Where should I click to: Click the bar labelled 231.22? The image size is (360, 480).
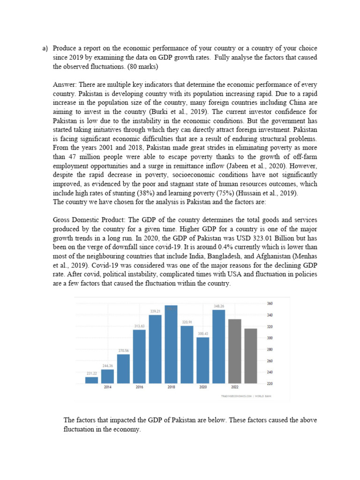pos(91,380)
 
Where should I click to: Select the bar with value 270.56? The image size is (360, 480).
pos(123,369)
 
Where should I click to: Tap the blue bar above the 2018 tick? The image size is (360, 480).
pos(171,345)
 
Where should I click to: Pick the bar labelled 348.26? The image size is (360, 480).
pos(219,347)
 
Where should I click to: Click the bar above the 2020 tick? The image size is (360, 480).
pos(203,360)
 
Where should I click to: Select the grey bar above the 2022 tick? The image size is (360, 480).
pos(235,351)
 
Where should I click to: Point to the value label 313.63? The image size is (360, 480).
pos(139,326)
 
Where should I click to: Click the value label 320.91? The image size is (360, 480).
pos(187,322)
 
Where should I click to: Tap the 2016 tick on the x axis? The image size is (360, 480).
pos(139,388)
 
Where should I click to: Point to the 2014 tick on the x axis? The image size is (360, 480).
pos(107,388)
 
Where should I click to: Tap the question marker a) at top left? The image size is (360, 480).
pos(45,48)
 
